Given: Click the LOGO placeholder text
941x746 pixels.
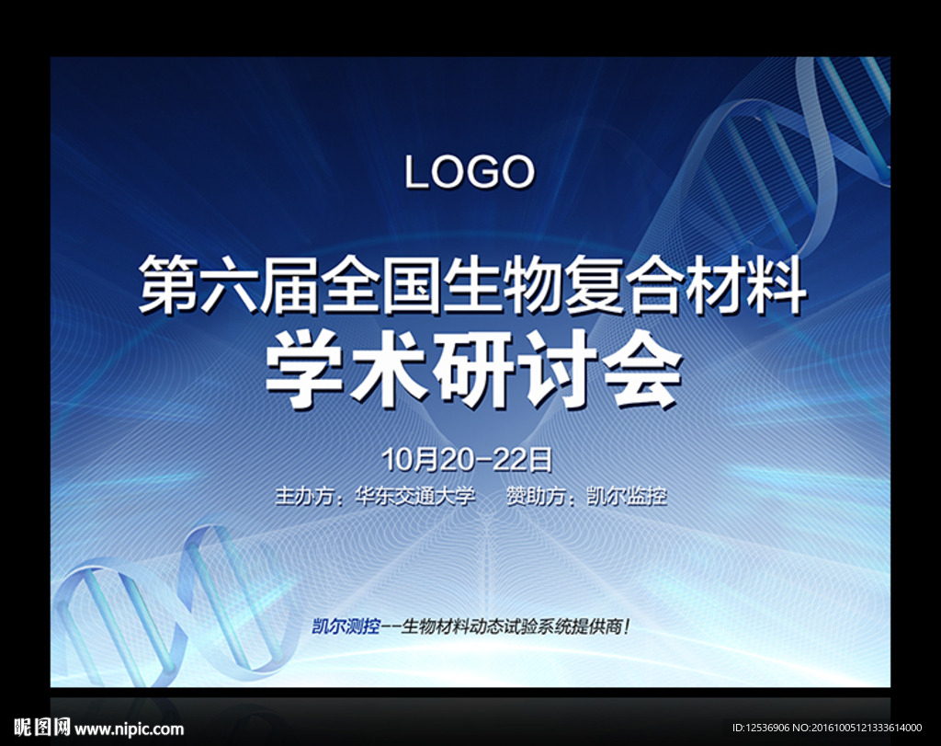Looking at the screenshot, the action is point(470,172).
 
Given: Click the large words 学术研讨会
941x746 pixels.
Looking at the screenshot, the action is point(474,370).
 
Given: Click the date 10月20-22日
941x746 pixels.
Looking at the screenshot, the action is point(467,460).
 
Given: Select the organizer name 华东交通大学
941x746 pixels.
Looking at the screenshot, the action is point(415,497).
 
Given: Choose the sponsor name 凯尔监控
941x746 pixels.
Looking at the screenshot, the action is point(627,497).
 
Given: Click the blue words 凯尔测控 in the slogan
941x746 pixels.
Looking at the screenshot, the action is point(346,626).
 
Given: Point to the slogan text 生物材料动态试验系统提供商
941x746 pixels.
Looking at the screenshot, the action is point(512,626).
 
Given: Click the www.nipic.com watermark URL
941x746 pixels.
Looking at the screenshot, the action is point(129,729).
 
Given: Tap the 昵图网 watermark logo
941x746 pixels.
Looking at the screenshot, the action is point(42,728).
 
